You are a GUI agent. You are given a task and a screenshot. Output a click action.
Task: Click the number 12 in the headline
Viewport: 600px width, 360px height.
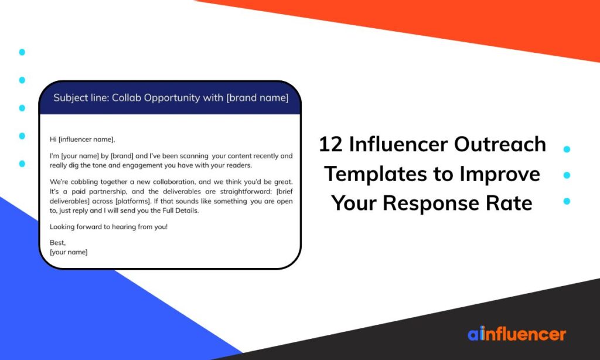pos(330,144)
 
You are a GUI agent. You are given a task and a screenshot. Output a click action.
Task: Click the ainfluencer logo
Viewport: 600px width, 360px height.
pos(516,334)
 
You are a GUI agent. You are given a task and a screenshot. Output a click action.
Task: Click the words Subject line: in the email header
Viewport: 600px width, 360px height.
pos(81,98)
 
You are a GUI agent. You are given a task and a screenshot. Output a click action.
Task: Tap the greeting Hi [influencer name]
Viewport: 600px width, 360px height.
pos(83,140)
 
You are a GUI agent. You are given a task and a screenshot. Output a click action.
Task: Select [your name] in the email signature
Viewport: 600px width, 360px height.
pos(69,252)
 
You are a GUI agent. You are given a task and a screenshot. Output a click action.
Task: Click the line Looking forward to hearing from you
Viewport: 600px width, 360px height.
pos(108,226)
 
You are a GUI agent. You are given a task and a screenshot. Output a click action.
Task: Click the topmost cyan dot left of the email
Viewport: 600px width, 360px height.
pos(22,52)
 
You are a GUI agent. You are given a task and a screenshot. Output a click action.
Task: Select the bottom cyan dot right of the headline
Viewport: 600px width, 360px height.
pos(567,201)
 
